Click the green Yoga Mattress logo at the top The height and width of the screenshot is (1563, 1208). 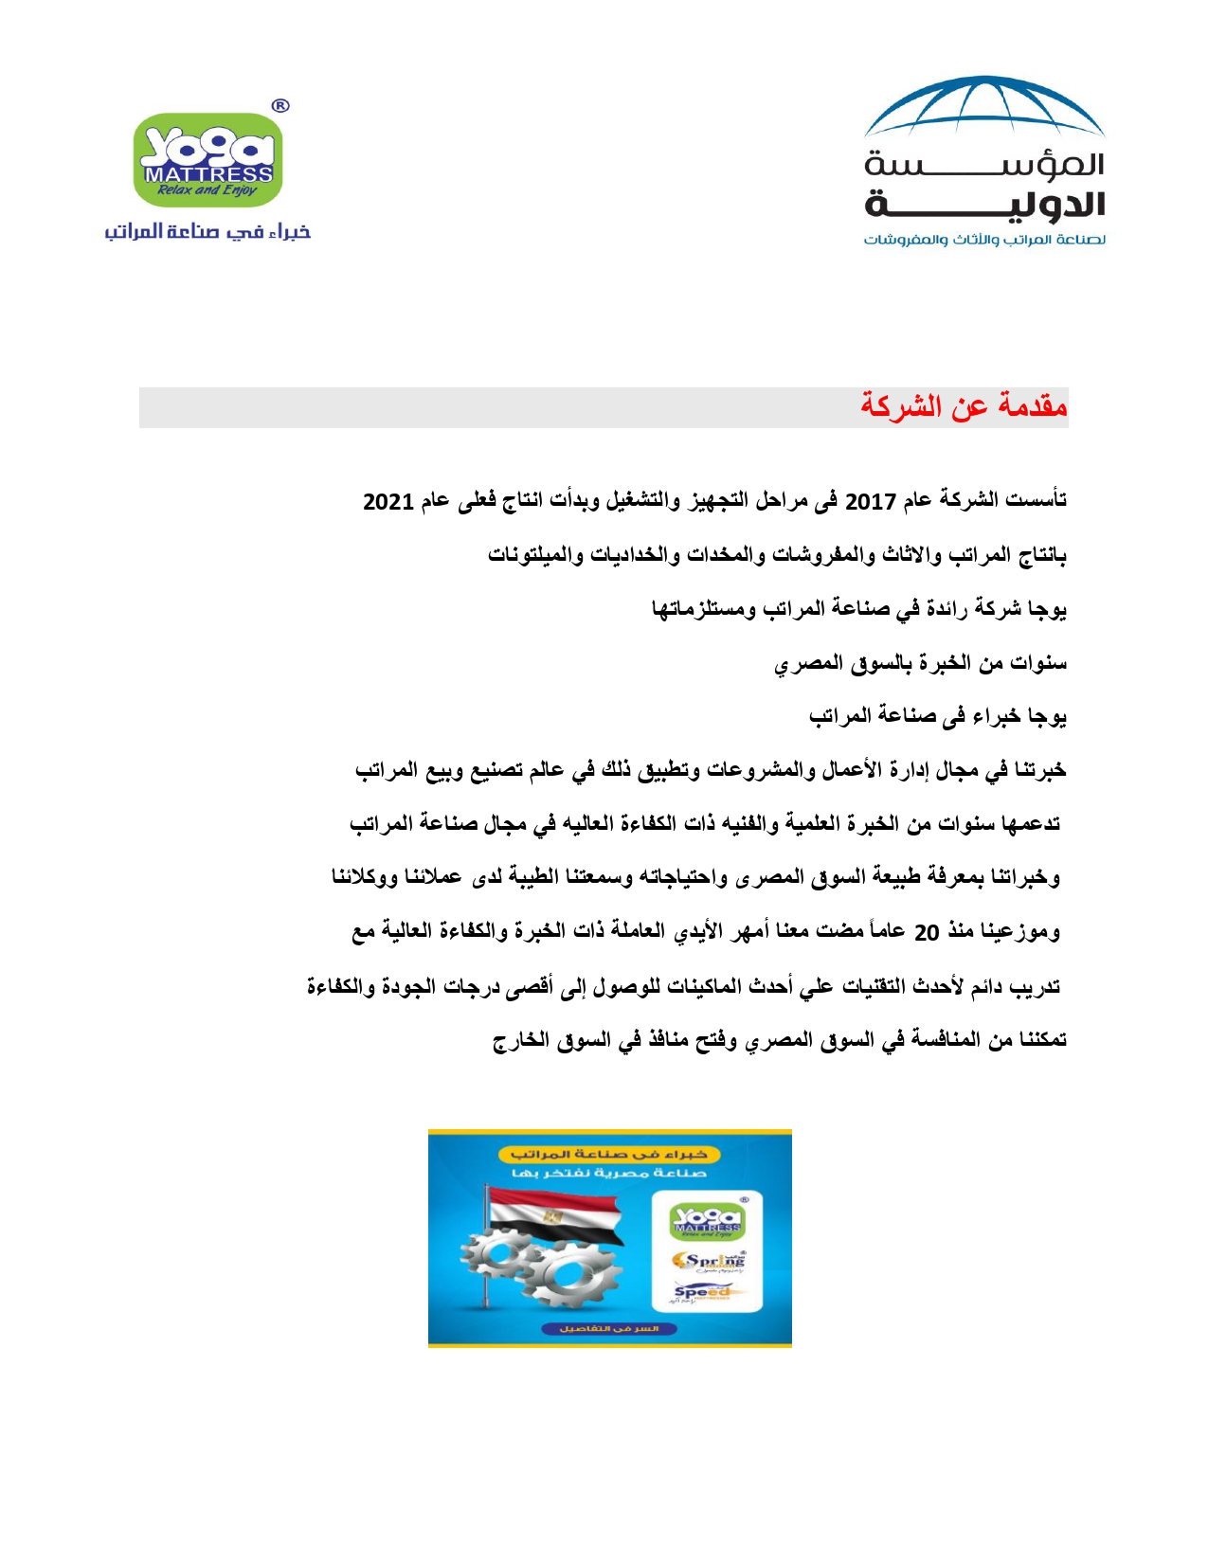point(207,159)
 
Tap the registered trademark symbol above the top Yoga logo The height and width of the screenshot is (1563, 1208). point(279,106)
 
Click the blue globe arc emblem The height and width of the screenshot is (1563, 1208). point(984,106)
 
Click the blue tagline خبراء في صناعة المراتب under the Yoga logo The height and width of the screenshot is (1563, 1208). point(207,231)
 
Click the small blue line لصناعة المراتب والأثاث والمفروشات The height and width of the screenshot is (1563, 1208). point(984,240)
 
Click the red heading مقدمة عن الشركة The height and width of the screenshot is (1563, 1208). point(964,406)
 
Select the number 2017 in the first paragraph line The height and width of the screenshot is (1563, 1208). point(870,501)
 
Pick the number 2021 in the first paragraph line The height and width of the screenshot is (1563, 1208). point(388,501)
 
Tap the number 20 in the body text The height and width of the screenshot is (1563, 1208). point(926,933)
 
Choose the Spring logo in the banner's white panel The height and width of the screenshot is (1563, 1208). point(708,1262)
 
